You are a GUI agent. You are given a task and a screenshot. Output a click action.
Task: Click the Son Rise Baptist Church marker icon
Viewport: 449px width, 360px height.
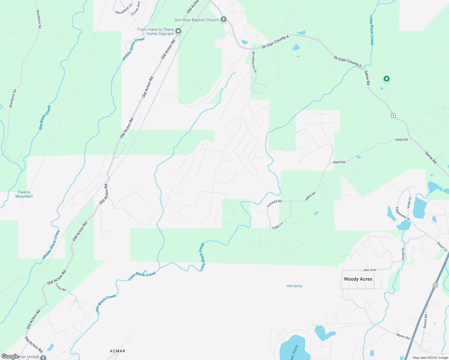coord(223,20)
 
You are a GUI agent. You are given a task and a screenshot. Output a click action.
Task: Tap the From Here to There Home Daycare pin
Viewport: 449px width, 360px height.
coord(178,31)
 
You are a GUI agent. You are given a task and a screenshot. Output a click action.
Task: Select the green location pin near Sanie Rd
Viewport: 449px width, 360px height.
coord(387,79)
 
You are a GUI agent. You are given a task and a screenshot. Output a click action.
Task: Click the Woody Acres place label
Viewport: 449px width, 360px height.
coord(358,279)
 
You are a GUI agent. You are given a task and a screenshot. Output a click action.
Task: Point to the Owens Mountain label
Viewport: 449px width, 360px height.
coord(24,194)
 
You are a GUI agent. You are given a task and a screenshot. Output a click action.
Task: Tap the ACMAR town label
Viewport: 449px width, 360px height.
coord(118,351)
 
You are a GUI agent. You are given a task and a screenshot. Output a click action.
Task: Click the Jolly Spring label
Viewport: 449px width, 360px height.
coord(294,286)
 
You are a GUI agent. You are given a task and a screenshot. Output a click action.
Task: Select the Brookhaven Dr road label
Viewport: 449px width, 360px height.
coord(254,62)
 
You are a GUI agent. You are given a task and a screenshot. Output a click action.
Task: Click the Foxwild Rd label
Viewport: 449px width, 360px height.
coord(274,203)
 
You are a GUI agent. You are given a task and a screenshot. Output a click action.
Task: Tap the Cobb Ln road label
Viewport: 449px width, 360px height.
coord(277,226)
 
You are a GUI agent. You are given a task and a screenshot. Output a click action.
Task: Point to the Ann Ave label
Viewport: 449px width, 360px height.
coord(370,270)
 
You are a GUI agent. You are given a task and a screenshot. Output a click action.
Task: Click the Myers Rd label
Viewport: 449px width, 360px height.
coord(403,337)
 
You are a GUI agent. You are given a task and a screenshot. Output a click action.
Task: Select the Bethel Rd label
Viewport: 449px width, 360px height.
coord(425,321)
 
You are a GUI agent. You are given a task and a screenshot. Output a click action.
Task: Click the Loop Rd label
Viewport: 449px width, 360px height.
coord(61,287)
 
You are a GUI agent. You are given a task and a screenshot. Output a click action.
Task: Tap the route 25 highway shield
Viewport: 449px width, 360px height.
coord(435,286)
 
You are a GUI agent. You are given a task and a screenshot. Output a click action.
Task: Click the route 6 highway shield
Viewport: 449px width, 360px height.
coord(393,115)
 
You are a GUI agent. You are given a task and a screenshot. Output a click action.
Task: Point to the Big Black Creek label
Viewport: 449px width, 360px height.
coord(45,118)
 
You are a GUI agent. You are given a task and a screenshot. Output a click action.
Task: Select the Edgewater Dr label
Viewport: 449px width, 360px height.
coord(403,214)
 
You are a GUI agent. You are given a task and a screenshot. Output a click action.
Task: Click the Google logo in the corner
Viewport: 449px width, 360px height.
coord(10,356)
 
